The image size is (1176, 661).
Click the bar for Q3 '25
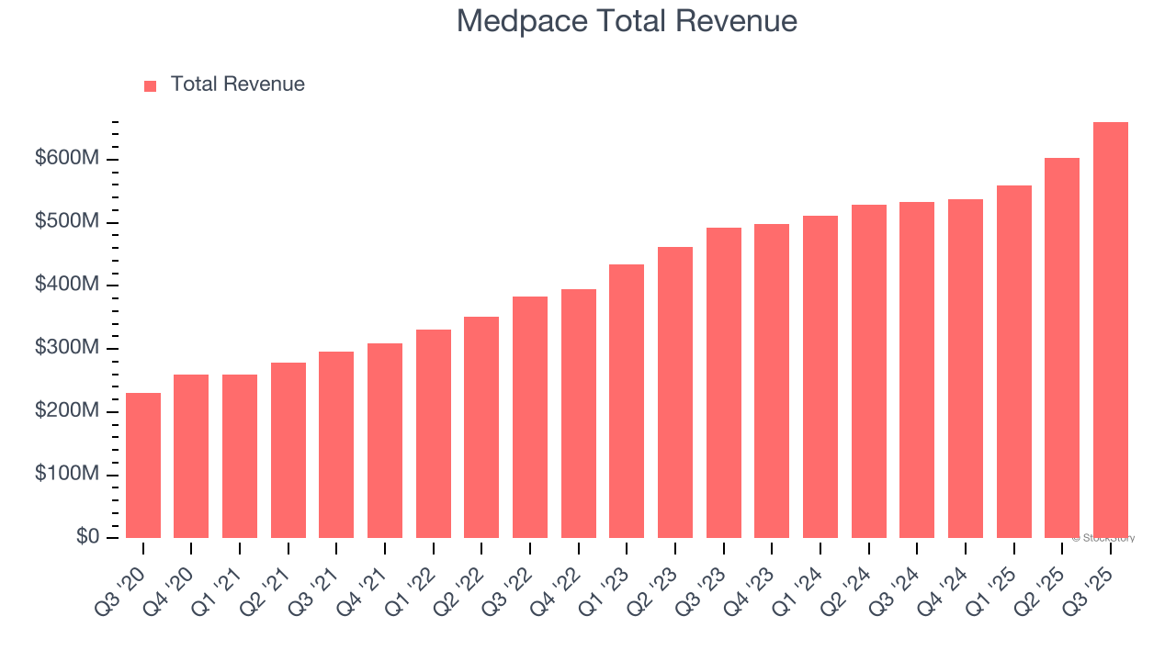point(1110,330)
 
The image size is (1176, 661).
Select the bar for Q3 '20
point(143,465)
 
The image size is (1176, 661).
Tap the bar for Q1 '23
point(627,401)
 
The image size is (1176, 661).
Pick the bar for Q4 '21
point(385,441)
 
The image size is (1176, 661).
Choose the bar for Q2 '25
point(1062,348)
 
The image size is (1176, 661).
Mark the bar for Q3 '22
point(530,417)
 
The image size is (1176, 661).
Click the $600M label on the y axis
point(67,159)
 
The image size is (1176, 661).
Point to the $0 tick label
point(86,537)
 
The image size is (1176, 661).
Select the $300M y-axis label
point(67,348)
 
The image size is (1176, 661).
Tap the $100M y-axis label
point(67,475)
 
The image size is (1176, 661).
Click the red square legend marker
point(151,85)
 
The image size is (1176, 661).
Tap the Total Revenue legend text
point(237,84)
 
